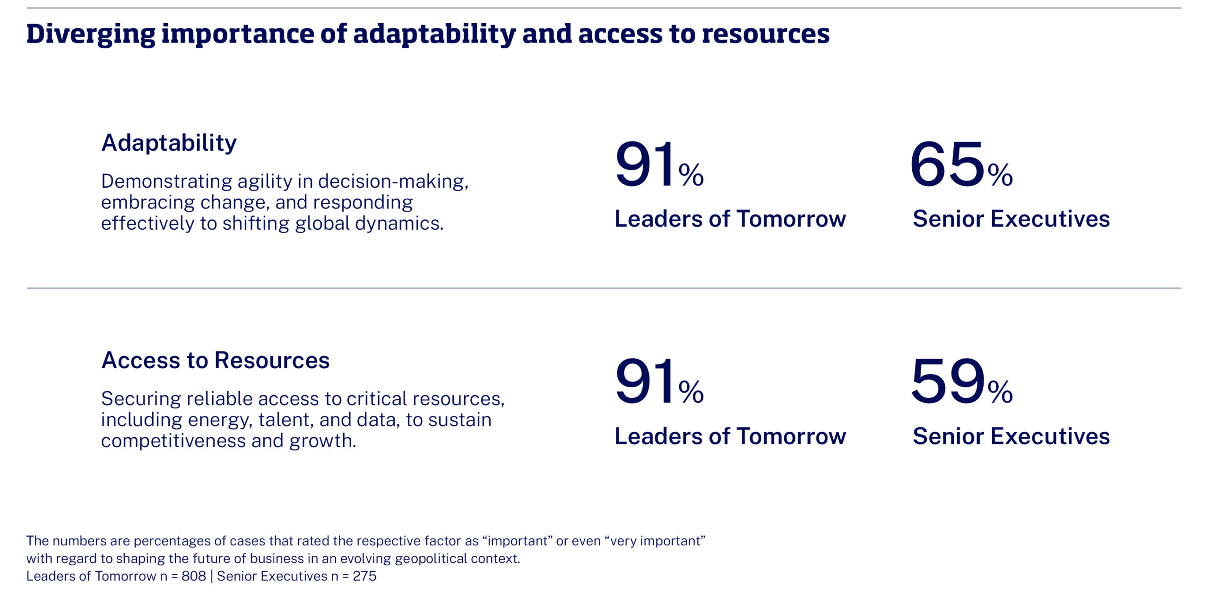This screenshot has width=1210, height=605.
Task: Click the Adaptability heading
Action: pos(169,143)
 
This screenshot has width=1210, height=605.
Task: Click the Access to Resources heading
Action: pos(215,360)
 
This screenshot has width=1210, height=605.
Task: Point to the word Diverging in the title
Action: pos(90,34)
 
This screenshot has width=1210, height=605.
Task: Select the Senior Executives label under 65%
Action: pos(1011,219)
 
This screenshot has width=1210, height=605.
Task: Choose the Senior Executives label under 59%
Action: pos(1011,436)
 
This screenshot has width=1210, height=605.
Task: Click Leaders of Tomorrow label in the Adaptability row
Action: pos(730,219)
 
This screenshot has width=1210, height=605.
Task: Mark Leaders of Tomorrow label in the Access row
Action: pos(730,436)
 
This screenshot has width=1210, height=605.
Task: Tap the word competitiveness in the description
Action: pos(173,441)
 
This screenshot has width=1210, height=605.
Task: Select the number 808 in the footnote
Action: pos(194,576)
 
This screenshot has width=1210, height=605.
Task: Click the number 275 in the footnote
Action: pos(364,576)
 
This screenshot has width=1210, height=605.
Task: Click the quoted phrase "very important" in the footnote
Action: pos(655,541)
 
